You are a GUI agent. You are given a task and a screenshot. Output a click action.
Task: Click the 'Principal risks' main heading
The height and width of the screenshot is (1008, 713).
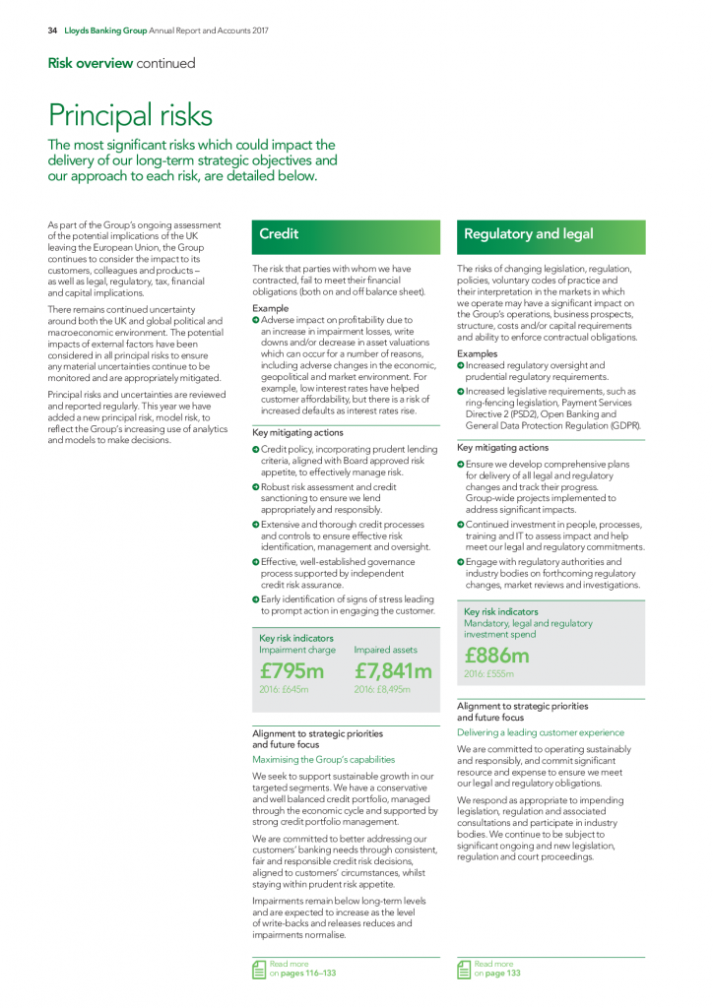click(130, 115)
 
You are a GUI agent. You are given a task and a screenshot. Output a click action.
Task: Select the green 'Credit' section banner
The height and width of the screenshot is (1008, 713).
click(346, 234)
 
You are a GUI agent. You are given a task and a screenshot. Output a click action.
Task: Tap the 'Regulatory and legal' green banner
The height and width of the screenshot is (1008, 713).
click(551, 234)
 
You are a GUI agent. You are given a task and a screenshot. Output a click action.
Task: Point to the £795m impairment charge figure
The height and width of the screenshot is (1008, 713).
click(292, 671)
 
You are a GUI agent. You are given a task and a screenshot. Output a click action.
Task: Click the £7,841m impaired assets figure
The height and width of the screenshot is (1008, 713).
click(393, 671)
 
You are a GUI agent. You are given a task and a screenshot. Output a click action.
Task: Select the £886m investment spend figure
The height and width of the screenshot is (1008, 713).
click(496, 656)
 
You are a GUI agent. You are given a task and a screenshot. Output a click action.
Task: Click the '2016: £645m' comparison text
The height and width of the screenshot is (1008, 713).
click(284, 690)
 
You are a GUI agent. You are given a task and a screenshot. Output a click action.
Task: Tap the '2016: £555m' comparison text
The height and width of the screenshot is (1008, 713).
click(488, 674)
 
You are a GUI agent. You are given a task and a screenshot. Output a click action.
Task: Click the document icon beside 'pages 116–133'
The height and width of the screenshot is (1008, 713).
click(259, 970)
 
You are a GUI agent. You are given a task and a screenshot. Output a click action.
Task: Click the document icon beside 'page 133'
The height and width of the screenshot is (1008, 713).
click(464, 970)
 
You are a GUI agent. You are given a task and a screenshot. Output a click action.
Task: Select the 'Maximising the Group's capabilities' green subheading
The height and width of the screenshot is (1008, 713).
click(324, 759)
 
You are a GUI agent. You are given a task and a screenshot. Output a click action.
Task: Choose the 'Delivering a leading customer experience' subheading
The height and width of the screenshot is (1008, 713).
click(541, 732)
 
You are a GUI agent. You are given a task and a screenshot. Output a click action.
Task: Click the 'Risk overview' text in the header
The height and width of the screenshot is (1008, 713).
click(90, 63)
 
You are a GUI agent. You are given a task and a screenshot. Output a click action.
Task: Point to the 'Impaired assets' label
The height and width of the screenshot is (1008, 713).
click(385, 650)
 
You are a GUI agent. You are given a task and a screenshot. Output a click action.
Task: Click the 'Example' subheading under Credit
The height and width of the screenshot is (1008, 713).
click(271, 308)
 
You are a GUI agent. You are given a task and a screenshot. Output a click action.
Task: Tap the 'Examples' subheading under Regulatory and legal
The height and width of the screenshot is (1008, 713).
click(478, 353)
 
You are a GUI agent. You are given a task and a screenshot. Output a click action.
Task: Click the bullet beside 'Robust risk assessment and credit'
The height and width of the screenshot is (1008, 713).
click(256, 487)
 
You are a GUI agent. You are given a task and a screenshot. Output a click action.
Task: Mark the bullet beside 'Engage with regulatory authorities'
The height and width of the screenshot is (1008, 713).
click(461, 562)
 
